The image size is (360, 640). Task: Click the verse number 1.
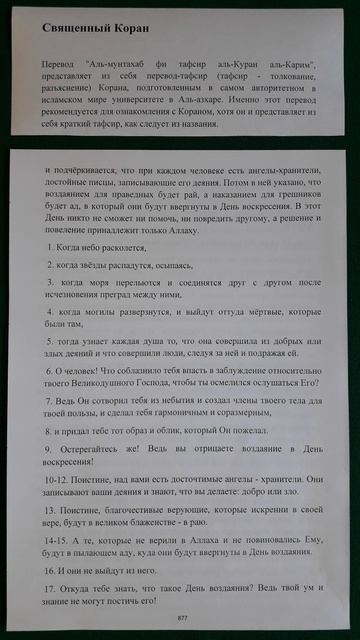click(50, 245)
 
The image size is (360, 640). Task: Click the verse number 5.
click(50, 342)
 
